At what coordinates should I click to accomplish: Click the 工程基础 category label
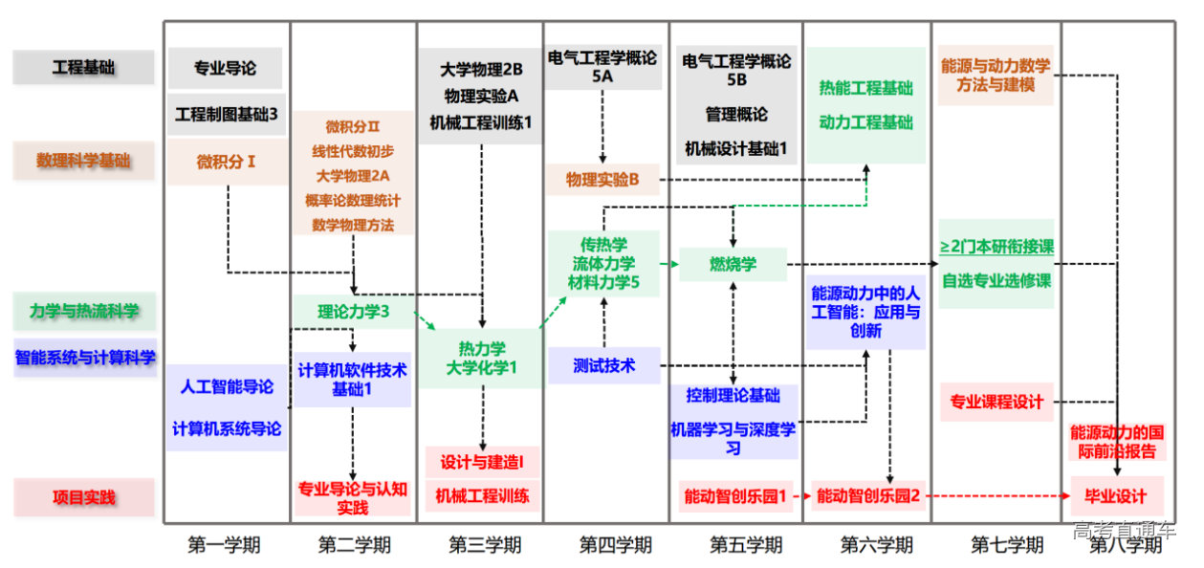point(83,67)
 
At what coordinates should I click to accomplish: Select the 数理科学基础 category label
point(83,161)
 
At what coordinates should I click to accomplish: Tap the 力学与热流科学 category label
point(84,311)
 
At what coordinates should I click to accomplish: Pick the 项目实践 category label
point(83,497)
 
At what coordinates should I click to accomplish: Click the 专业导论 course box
point(226,68)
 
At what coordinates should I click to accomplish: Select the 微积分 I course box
point(227,162)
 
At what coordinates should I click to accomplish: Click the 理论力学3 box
point(353,311)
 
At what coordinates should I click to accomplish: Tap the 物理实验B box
point(602,179)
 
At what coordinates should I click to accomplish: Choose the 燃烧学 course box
point(733,264)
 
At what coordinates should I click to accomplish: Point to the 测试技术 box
point(603,365)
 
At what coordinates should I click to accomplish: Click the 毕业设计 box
point(1115,496)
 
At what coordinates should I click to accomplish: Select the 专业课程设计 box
point(996,402)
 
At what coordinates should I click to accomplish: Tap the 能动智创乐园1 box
point(735,496)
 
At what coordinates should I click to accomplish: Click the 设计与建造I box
point(482,463)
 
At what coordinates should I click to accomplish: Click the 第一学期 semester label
point(224,545)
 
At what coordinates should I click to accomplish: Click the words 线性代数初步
point(353,151)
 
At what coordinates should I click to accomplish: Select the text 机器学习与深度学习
point(733,438)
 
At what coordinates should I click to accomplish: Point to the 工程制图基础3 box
point(227,114)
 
